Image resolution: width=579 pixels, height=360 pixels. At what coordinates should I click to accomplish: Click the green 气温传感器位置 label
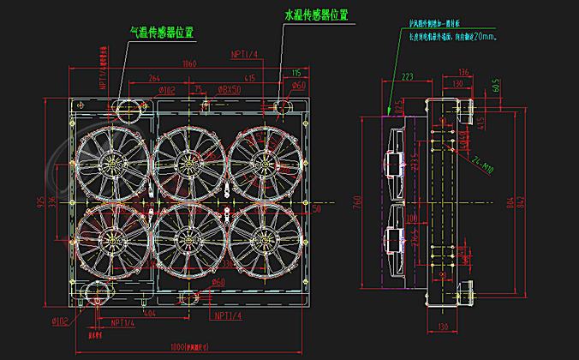(160, 33)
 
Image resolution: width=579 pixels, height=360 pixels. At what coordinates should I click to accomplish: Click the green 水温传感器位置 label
(316, 15)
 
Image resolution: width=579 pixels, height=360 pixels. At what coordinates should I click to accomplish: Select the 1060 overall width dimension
(188, 63)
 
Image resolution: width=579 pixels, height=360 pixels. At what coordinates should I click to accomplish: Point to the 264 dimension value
(154, 79)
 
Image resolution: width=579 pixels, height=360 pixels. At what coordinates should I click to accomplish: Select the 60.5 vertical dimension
(496, 86)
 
